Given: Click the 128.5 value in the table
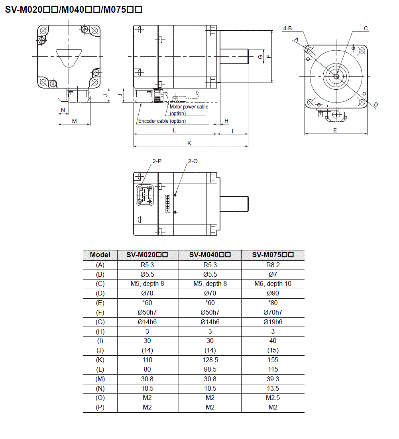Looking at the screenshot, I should click(x=210, y=360).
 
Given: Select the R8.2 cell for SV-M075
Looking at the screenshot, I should click(x=273, y=265).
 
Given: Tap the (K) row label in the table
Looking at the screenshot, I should click(x=100, y=360).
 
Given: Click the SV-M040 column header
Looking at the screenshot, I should click(x=210, y=255).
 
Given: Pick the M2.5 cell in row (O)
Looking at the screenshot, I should click(x=273, y=398).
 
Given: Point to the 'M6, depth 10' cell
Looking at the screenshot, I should click(x=273, y=284).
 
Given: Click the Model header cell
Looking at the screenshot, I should click(x=100, y=255).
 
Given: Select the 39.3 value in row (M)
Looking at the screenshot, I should click(x=273, y=379).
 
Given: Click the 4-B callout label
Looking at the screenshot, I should click(x=287, y=28).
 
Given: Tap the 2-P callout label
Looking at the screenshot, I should click(x=157, y=161).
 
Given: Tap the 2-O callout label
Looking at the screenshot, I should click(x=193, y=161).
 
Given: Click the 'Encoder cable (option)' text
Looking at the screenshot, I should click(x=162, y=121).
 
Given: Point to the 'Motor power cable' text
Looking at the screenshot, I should click(x=189, y=106).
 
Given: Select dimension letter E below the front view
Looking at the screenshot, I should click(x=335, y=130).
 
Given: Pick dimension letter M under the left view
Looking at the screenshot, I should click(x=74, y=121).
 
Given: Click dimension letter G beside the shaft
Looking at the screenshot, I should click(x=260, y=56).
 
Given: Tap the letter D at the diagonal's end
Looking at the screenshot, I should click(x=375, y=104).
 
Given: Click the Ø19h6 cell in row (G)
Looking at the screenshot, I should click(x=273, y=322).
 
